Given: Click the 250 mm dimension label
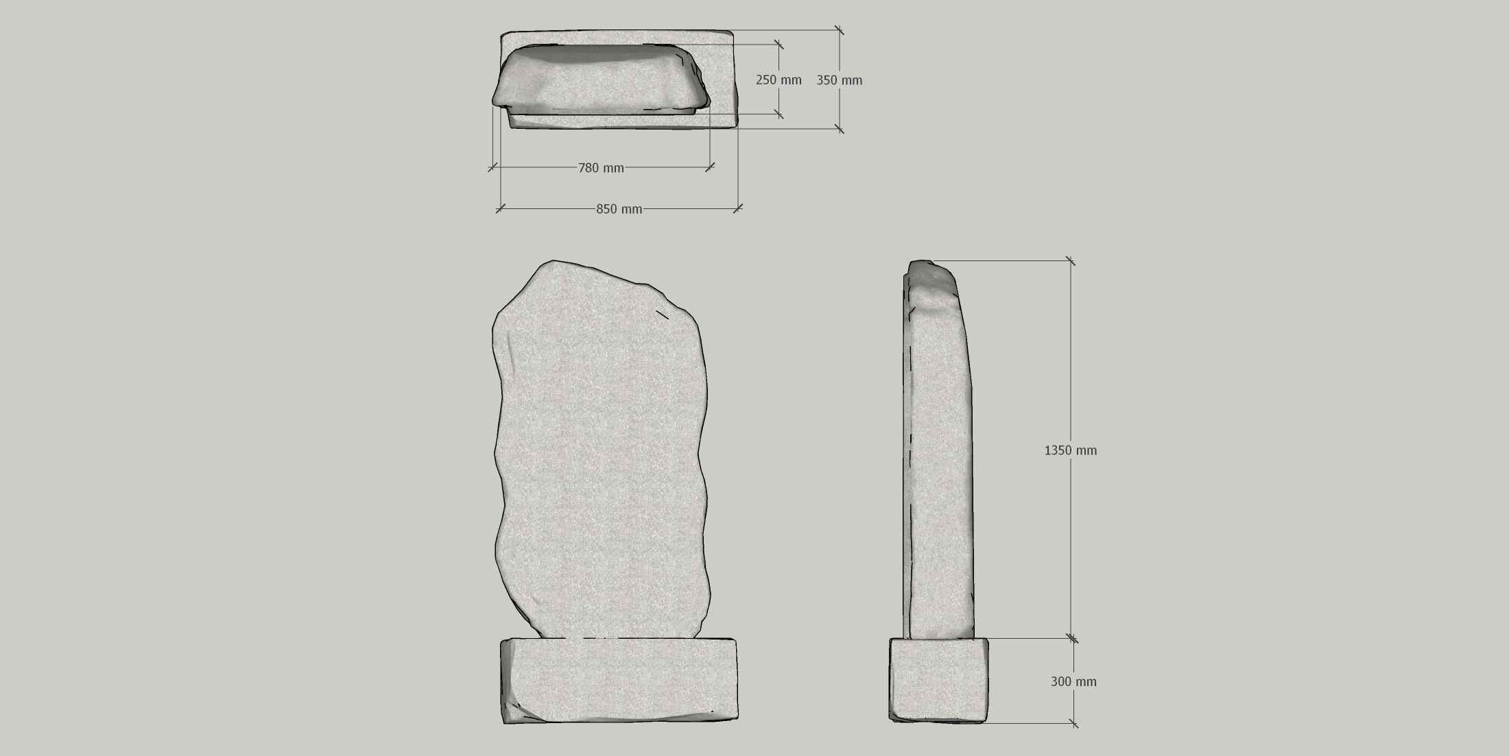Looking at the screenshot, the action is tap(779, 80).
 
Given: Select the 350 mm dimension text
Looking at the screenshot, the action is tap(839, 80).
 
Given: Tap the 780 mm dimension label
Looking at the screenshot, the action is tap(601, 168).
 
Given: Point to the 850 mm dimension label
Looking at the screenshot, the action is tap(619, 209).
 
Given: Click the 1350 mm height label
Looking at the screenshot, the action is tap(1070, 450).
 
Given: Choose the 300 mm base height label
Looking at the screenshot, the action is tap(1073, 681).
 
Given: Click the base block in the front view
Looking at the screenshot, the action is tap(619, 681).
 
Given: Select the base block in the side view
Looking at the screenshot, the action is tap(939, 680).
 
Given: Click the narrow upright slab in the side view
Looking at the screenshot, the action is tap(938, 449).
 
